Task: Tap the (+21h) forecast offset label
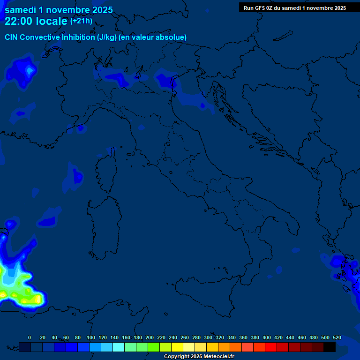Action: coord(81,21)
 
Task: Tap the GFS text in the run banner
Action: coord(262,7)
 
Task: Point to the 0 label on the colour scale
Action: coord(30,337)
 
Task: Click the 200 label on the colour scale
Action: coord(150,337)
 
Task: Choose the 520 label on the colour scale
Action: coord(337,337)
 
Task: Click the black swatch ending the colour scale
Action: coord(330,347)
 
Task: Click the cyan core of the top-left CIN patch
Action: coord(30,71)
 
